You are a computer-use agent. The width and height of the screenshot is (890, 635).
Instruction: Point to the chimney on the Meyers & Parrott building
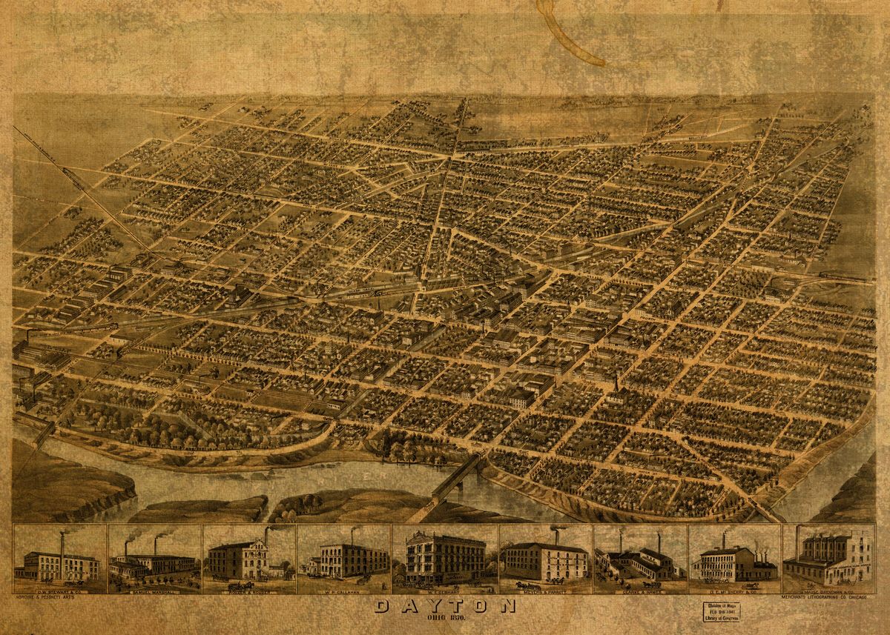pyautogui.click(x=555, y=535)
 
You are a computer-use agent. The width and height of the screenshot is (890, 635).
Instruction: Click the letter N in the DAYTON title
pyautogui.click(x=507, y=607)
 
